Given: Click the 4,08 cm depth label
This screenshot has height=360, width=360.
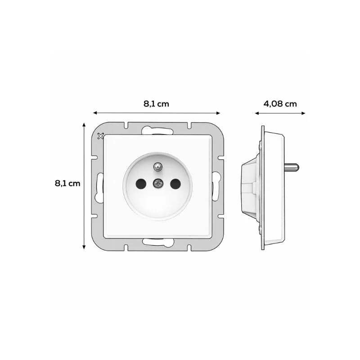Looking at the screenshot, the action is pos(280,104).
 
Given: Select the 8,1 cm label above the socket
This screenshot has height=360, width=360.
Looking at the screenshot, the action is pos(156,104).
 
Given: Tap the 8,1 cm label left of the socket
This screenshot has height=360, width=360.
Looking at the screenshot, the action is pos(67,184).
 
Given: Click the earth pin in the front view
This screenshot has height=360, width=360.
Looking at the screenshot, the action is pos(158,166).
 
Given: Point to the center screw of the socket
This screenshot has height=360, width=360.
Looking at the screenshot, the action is pos(158,183).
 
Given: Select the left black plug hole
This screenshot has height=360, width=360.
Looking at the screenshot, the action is pos(141,184).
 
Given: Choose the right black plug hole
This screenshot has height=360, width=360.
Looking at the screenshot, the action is pos(175,184).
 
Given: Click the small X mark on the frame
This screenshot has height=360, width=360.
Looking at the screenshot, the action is pos(100,136).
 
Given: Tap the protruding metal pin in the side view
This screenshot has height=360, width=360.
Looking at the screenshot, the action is pos(292,167).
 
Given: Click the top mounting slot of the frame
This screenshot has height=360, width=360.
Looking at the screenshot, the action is pos(157,130).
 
